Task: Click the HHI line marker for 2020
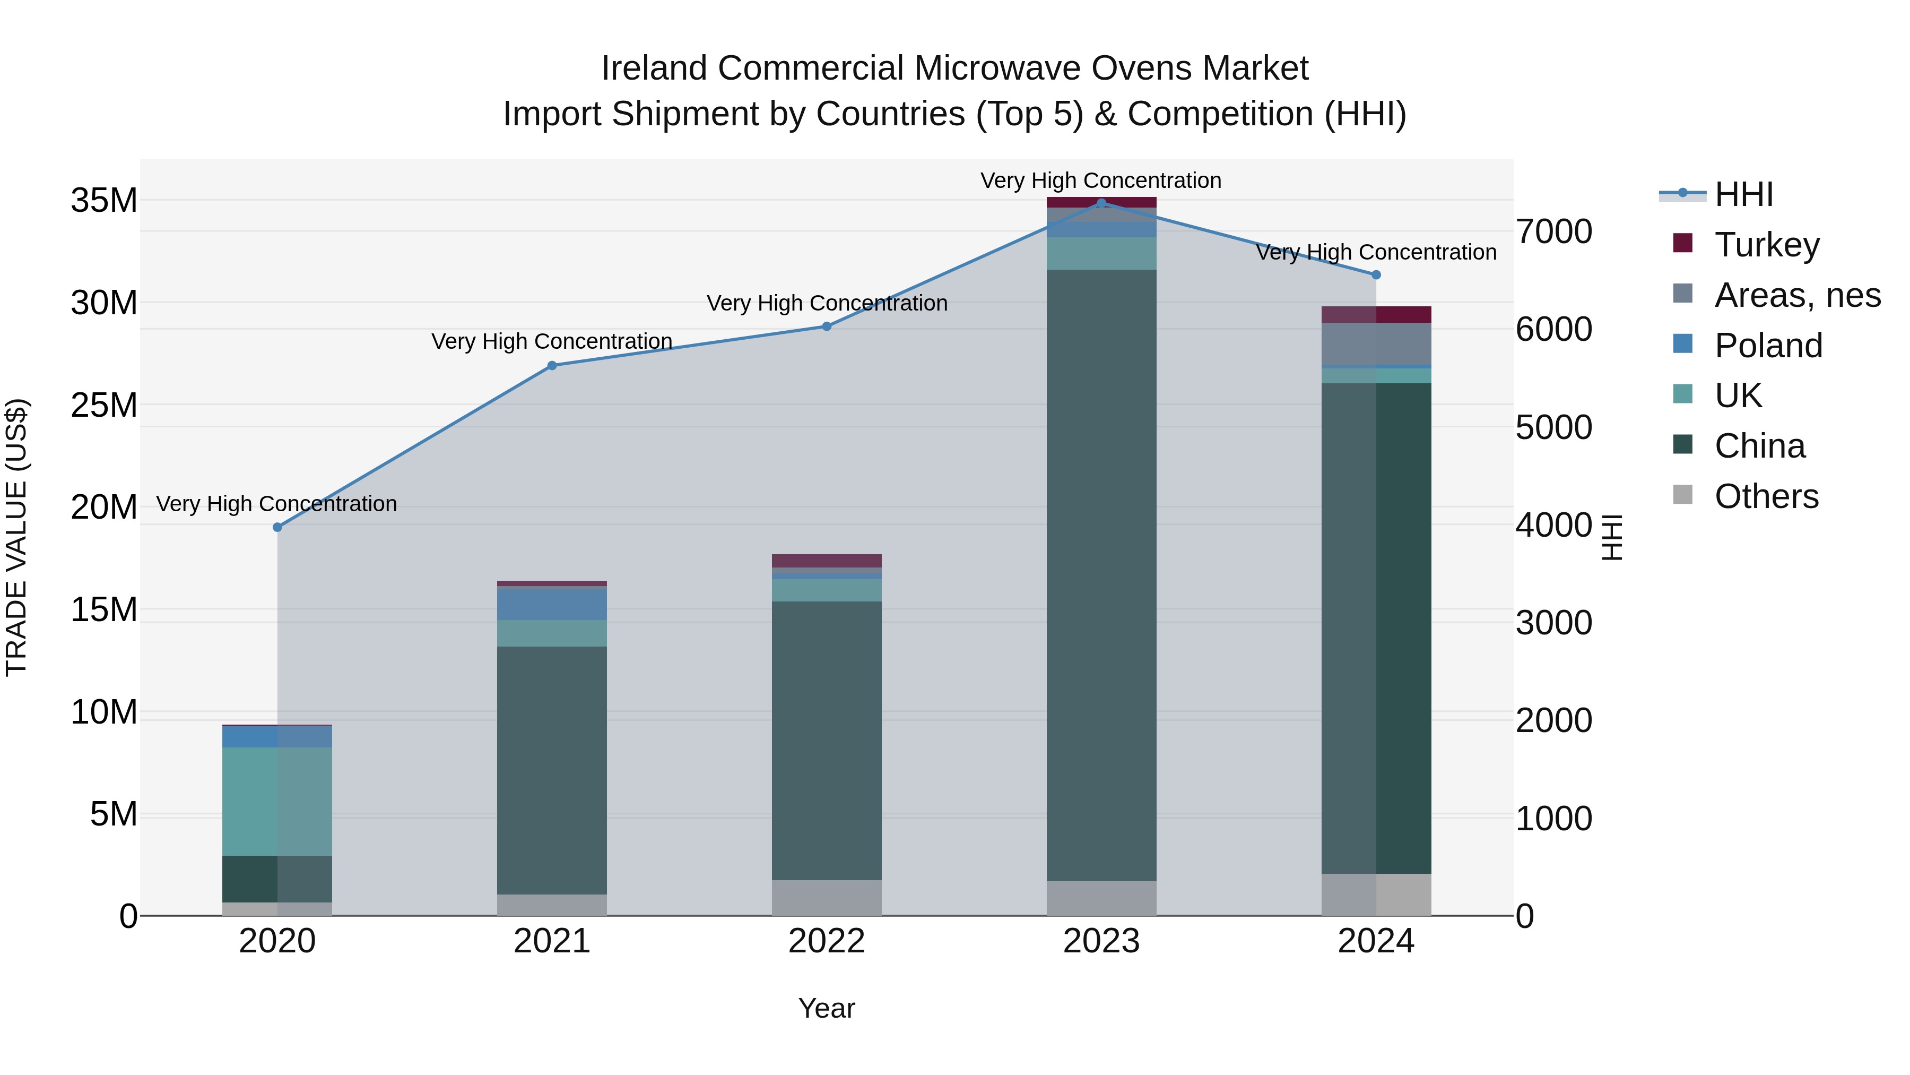(x=277, y=528)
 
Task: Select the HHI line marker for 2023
(x=1101, y=203)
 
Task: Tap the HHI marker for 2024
(x=1376, y=274)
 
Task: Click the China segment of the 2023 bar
(x=1101, y=575)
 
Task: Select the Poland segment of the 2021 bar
(x=552, y=603)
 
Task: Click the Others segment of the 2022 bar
(x=827, y=898)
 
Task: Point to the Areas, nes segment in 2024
(x=1376, y=344)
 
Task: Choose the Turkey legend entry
(x=1766, y=244)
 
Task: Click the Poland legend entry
(x=1768, y=345)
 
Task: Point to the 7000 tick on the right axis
(x=1553, y=231)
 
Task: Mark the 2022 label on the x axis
(x=827, y=941)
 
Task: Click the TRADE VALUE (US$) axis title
(x=16, y=537)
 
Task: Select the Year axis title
(x=827, y=1008)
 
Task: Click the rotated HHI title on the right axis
(x=1611, y=537)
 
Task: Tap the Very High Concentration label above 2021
(x=552, y=341)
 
